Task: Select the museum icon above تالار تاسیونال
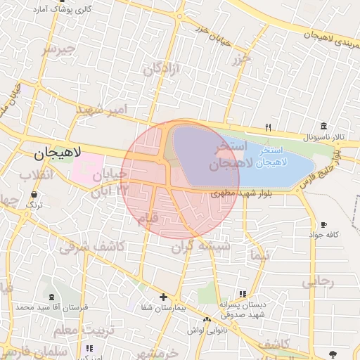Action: click(x=323, y=125)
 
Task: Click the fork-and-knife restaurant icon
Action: click(x=268, y=127)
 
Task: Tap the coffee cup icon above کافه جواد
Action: click(x=323, y=224)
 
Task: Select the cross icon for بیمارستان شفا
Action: click(x=163, y=297)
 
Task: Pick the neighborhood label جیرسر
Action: click(x=57, y=49)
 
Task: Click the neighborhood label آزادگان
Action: click(x=162, y=69)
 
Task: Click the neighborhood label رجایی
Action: click(x=319, y=281)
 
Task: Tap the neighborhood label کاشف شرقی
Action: click(x=91, y=246)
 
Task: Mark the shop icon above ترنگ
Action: click(x=35, y=193)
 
